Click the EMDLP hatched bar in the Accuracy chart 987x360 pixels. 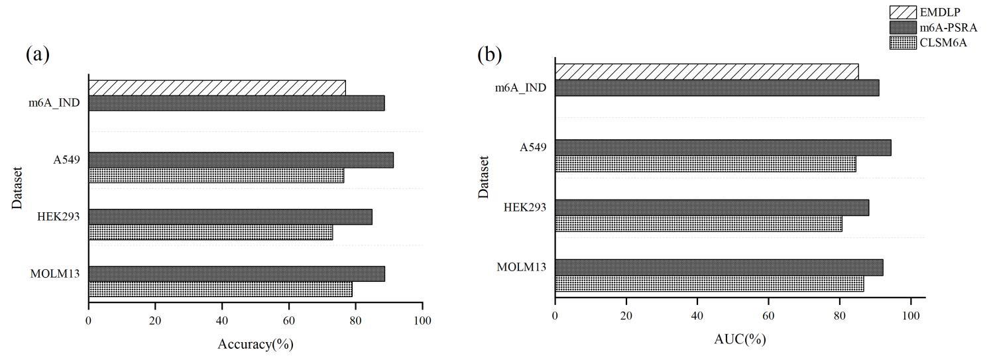tap(217, 88)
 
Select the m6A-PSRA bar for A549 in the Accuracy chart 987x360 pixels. tap(241, 160)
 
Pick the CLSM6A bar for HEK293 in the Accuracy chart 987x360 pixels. tap(210, 232)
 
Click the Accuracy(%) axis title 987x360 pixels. tap(255, 344)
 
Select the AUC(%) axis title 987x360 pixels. tap(739, 339)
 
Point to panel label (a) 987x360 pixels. tap(38, 54)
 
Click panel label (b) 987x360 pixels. tap(490, 54)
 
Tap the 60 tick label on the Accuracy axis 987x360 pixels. tap(288, 321)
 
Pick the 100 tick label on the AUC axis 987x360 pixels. tap(911, 316)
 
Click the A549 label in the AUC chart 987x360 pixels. tap(534, 147)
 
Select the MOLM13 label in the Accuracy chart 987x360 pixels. tap(55, 274)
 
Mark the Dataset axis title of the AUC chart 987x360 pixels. tap(484, 177)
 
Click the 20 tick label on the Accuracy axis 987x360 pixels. tap(155, 321)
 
